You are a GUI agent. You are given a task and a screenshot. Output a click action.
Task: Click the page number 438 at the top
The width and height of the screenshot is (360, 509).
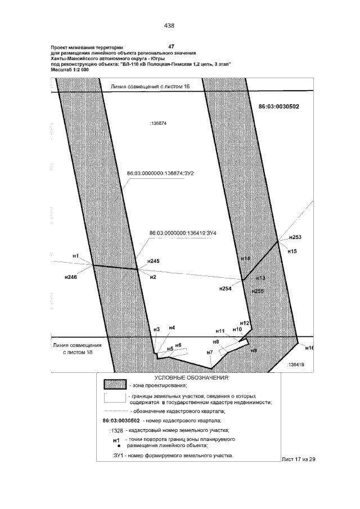169,25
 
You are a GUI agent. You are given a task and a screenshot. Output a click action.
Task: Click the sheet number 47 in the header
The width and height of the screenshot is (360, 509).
172,45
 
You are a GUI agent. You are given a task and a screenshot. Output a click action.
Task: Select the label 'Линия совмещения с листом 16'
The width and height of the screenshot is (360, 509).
150,87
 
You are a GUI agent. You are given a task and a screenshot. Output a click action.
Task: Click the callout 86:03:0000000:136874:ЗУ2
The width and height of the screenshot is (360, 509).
160,173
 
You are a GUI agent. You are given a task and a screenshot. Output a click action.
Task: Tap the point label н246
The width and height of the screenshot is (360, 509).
71,277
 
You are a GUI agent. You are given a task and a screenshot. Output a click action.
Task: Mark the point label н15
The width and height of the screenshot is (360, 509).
292,251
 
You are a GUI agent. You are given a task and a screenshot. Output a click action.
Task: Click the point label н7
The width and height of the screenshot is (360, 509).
209,353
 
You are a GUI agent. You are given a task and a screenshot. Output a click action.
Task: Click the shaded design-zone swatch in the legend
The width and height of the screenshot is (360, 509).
115,385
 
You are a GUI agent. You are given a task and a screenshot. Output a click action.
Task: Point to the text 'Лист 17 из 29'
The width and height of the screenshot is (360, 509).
298,460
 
